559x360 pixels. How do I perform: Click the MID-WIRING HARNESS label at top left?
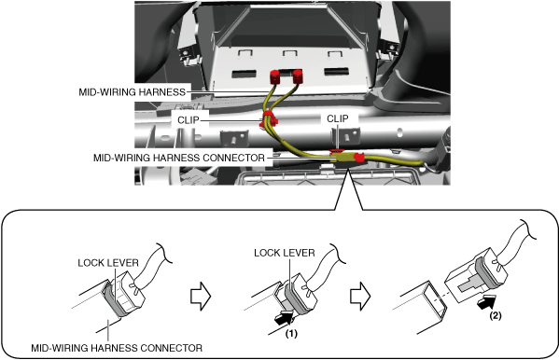[x=132, y=92]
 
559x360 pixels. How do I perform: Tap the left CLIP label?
[x=189, y=120]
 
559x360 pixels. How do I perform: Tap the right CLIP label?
[x=338, y=118]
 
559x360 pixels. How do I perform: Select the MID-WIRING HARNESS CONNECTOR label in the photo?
[x=179, y=158]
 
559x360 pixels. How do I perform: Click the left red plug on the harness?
[x=275, y=77]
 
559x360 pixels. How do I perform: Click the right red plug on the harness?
[x=298, y=76]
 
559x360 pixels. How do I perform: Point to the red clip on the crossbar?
[x=268, y=120]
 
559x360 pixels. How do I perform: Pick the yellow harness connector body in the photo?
[x=342, y=158]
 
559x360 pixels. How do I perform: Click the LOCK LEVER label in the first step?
[x=108, y=263]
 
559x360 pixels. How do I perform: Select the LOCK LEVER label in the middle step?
[x=285, y=253]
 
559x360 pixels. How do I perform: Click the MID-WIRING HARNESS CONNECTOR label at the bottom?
[x=117, y=348]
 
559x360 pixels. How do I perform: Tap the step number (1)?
[x=291, y=334]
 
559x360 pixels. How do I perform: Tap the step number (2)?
[x=496, y=316]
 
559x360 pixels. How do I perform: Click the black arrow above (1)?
[x=284, y=317]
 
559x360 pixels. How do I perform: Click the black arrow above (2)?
[x=486, y=302]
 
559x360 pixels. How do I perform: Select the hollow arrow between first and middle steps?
[x=201, y=297]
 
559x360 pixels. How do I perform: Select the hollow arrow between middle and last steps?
[x=360, y=297]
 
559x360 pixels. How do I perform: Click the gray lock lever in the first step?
[x=114, y=299]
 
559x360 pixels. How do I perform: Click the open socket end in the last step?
[x=434, y=298]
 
